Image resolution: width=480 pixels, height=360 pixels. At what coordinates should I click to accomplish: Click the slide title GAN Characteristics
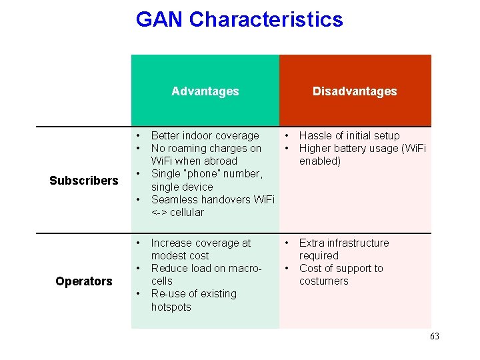(x=239, y=19)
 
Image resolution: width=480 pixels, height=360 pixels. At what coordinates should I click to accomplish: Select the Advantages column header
(x=205, y=91)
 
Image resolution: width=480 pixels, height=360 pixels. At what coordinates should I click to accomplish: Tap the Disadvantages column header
(x=355, y=91)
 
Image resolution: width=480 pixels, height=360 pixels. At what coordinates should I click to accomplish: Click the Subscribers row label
(x=84, y=181)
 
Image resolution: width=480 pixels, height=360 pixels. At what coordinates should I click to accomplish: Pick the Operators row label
(x=84, y=281)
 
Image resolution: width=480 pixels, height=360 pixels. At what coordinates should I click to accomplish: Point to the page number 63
(x=434, y=337)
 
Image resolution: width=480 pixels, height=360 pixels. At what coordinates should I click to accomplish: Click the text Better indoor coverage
(x=205, y=136)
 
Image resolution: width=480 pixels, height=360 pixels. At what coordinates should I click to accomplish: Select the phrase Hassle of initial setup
(x=349, y=136)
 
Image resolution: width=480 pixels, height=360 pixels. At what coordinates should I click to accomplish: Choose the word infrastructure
(x=357, y=243)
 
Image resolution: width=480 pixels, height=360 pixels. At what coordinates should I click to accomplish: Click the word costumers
(x=323, y=281)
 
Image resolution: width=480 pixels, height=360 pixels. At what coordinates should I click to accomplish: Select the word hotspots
(x=171, y=307)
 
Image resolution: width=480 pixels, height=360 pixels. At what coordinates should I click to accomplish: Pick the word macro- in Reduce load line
(x=243, y=269)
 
